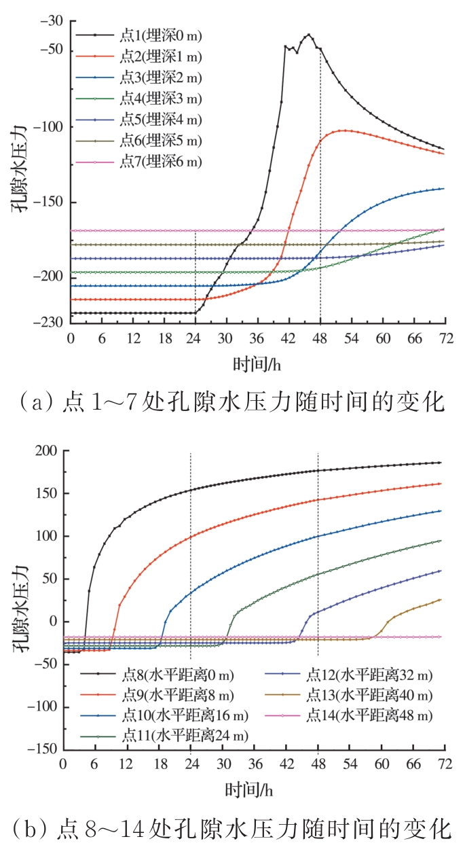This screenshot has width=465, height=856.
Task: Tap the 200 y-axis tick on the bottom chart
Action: [46, 451]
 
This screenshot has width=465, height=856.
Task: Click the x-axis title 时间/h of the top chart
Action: [256, 363]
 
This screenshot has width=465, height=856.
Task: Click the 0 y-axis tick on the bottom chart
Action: [53, 622]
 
